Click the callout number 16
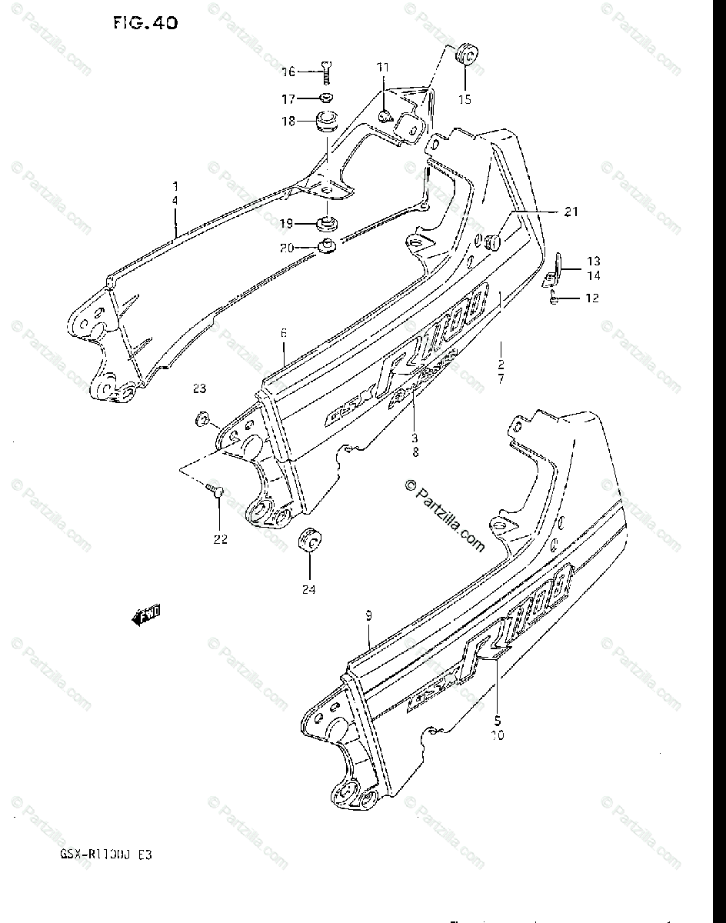[288, 72]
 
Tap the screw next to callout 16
[326, 72]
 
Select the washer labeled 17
[326, 98]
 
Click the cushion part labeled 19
[328, 224]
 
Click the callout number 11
[383, 68]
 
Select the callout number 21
[570, 212]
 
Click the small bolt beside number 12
[553, 298]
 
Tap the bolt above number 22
[215, 491]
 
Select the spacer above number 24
[310, 540]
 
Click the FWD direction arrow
[145, 613]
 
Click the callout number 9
[369, 615]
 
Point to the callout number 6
[283, 333]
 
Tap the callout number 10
[496, 736]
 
